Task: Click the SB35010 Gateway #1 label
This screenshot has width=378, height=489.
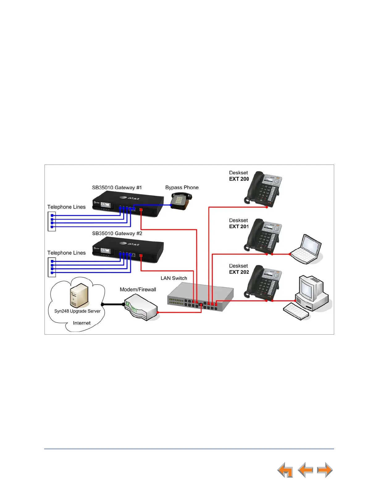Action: pos(117,187)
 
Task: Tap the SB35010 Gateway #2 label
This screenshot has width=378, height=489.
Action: pos(117,233)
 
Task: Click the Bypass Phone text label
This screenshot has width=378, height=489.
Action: pos(182,187)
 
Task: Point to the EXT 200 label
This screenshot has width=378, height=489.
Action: pos(239,179)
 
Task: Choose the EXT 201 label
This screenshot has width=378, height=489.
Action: pos(239,227)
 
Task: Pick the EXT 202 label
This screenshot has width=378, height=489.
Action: pos(239,272)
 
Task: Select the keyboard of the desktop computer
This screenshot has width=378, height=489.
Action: pos(296,311)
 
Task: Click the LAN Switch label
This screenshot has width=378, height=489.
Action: pos(174,278)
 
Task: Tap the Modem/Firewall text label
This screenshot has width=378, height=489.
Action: pos(138,290)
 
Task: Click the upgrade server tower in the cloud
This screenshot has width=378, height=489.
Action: pos(79,295)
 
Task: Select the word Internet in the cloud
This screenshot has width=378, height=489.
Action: pos(82,323)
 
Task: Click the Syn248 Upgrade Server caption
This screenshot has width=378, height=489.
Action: pos(77,311)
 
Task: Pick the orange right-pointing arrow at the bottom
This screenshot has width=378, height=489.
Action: pos(325,470)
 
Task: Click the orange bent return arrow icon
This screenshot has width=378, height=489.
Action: pos(285,470)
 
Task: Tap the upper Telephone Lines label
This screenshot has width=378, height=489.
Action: pos(66,207)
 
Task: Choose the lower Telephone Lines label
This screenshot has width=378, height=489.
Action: pos(66,253)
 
